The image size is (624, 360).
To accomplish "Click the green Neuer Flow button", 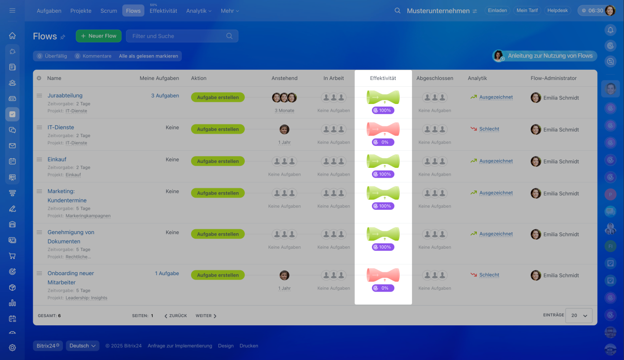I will click(x=98, y=36).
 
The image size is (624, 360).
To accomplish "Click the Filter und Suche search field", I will click(x=178, y=36).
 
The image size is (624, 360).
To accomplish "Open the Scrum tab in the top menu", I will click(x=109, y=11).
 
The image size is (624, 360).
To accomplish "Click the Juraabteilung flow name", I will click(x=65, y=96).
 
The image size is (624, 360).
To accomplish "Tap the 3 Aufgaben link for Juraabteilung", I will click(x=165, y=96).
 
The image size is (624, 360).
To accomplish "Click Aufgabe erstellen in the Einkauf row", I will click(x=217, y=161).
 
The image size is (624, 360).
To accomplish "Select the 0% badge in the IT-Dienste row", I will click(x=383, y=142).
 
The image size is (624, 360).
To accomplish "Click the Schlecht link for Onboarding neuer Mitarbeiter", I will click(x=489, y=275).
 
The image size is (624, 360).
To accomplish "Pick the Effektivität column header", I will click(x=383, y=78).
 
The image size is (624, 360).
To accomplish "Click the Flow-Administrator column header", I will click(x=553, y=78).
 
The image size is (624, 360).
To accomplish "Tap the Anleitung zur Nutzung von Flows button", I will click(x=545, y=56).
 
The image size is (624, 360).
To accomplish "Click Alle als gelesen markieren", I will click(x=148, y=56).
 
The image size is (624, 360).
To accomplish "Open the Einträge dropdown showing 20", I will click(x=579, y=316).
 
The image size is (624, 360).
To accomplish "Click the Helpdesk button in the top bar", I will click(x=558, y=10).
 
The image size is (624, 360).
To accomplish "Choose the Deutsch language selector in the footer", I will click(x=82, y=346).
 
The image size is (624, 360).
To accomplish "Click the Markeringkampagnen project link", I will click(x=88, y=216).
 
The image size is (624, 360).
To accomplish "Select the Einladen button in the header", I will click(x=498, y=10).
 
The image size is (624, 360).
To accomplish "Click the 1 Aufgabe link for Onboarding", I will click(x=167, y=274).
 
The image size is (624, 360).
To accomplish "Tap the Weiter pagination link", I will click(x=206, y=316).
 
